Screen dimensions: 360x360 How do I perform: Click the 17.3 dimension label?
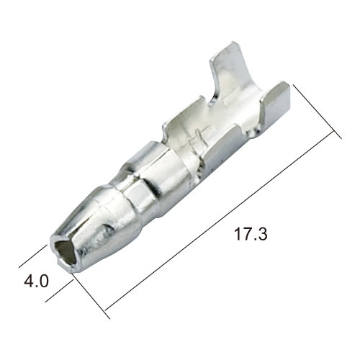251,234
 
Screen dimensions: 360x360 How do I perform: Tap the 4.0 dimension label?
36,281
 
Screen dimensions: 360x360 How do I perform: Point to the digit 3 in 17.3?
261,234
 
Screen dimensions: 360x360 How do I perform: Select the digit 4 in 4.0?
29,281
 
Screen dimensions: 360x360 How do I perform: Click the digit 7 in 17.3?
247,234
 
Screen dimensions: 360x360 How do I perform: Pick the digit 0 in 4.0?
44,281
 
